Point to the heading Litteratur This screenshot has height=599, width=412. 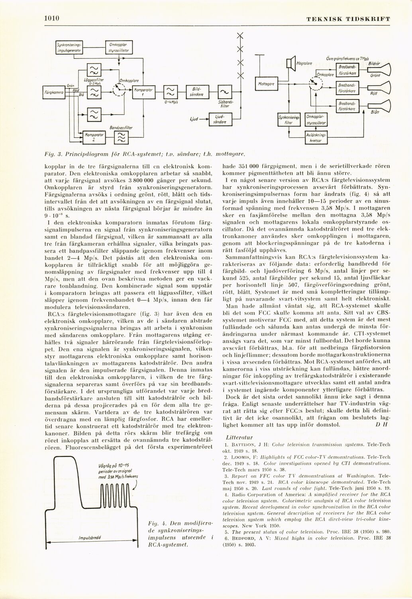tap(237, 436)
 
